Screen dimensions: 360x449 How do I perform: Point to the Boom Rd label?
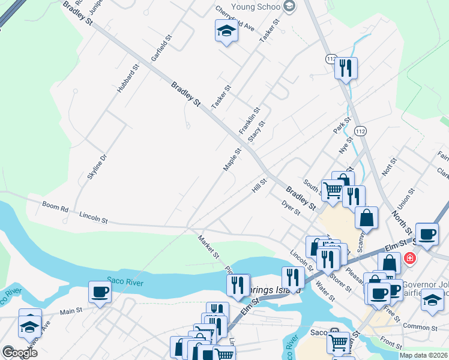(55, 207)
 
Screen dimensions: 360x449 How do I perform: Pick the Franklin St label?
(249, 121)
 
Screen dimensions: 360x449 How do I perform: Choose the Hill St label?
(259, 185)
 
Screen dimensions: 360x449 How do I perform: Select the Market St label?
(209, 247)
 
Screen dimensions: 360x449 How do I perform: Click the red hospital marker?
(410, 259)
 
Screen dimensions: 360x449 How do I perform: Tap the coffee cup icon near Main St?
(100, 292)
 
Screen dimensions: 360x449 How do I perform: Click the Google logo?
(19, 353)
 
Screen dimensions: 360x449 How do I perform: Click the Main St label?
(70, 312)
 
